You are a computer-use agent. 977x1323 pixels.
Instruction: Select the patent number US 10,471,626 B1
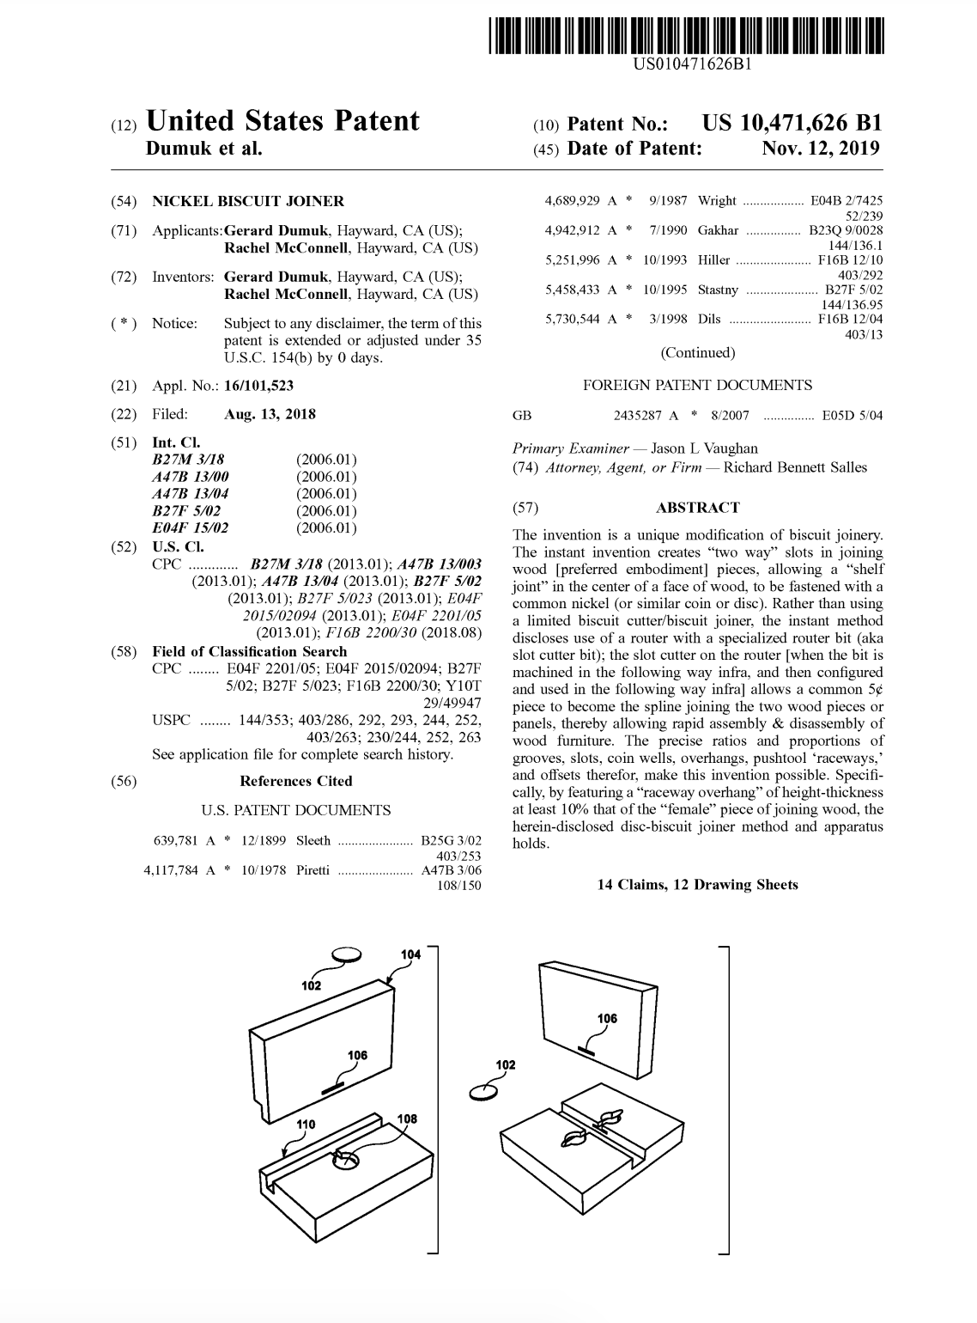[792, 124]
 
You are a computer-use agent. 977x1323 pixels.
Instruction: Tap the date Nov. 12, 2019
[821, 149]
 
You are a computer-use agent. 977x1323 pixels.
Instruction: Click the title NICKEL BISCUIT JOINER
[248, 201]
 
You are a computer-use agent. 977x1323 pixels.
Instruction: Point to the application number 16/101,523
[258, 386]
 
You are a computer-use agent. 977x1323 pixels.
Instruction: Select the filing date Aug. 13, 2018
[270, 414]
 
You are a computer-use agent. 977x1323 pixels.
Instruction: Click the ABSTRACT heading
[697, 508]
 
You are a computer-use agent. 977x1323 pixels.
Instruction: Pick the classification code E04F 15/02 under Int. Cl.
[191, 527]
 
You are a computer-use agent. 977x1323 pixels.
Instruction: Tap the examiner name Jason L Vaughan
[705, 448]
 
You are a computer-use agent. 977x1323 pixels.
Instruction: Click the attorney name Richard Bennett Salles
[795, 467]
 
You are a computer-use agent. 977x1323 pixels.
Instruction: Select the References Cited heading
[296, 781]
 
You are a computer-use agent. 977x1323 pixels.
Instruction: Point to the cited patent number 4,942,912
[573, 230]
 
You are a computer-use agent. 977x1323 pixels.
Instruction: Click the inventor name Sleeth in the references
[313, 841]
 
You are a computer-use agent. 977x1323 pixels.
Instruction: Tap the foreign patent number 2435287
[639, 416]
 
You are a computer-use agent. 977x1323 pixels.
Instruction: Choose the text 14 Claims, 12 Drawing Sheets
[697, 885]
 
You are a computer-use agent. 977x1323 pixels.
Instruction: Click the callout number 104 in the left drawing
[411, 955]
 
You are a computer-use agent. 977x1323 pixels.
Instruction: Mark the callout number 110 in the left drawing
[306, 1125]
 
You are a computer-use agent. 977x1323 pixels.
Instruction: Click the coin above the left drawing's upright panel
[347, 954]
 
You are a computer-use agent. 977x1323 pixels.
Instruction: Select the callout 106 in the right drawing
[607, 1019]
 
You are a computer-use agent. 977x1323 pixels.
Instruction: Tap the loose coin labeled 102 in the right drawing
[483, 1092]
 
